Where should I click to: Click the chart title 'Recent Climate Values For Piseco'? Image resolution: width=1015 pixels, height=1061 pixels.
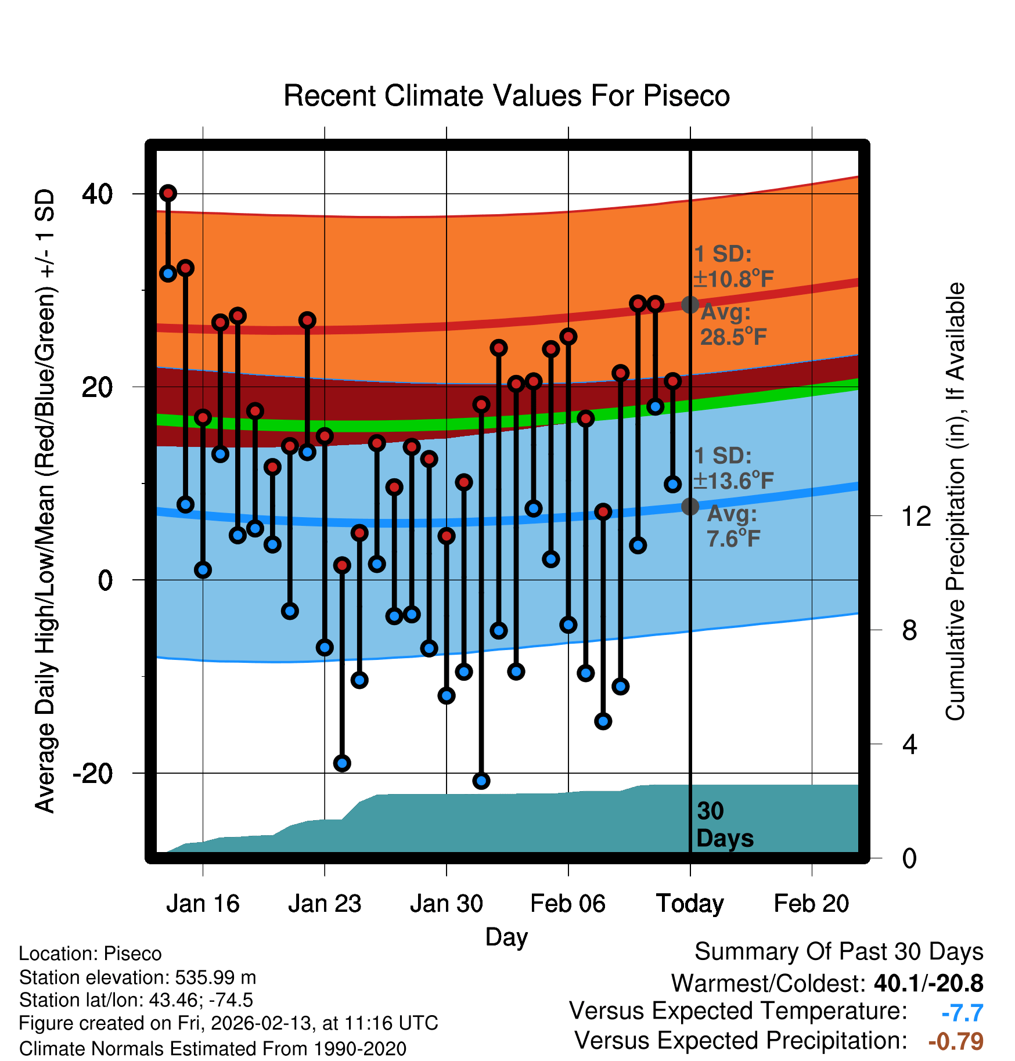click(506, 96)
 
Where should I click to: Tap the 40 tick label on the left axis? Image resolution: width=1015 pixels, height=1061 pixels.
click(98, 194)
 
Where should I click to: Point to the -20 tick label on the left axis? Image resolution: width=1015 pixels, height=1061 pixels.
click(93, 774)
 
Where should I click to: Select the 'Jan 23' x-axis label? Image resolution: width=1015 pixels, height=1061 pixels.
click(325, 904)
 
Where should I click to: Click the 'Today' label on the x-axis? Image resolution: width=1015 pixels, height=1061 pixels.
click(690, 904)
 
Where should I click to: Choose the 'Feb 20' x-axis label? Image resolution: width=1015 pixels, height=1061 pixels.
click(811, 904)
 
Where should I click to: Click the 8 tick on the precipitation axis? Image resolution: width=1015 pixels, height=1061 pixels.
click(910, 630)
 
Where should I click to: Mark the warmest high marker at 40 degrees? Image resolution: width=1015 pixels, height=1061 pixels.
click(168, 193)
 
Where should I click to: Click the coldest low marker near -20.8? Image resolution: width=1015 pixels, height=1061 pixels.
click(481, 781)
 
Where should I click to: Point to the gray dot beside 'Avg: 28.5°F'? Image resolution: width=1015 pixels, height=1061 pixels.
click(690, 304)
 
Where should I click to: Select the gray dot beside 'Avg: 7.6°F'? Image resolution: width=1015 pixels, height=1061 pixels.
click(690, 506)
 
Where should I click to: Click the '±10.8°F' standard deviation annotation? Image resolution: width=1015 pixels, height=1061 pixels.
click(734, 279)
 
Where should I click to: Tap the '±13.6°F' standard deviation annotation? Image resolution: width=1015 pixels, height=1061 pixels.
click(734, 481)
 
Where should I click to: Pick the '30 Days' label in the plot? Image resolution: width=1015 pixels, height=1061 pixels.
click(724, 825)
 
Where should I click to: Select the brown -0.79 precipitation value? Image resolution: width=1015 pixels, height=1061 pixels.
click(956, 1041)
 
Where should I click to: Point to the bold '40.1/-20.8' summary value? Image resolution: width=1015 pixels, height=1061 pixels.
click(928, 983)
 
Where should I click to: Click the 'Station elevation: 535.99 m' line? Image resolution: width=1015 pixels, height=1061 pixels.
click(138, 977)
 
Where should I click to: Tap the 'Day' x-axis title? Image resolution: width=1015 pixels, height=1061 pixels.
click(506, 937)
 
